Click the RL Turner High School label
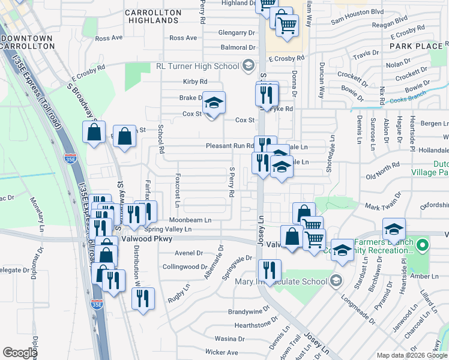197,66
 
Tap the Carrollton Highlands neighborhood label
152,16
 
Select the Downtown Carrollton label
28,43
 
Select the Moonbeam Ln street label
190,220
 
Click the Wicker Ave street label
221,352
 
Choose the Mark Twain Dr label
387,206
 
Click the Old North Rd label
382,176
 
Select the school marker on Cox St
213,103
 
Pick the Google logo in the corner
19,353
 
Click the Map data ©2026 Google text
412,355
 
